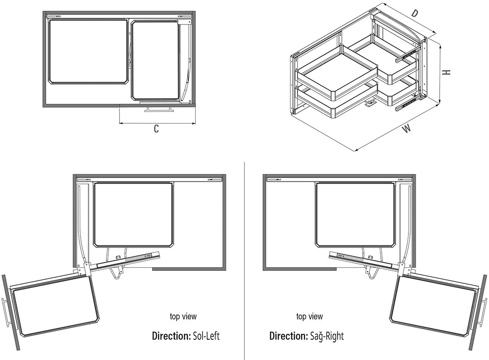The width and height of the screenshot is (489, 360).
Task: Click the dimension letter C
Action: click(x=157, y=129)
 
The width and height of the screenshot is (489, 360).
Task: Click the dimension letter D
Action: click(x=414, y=14)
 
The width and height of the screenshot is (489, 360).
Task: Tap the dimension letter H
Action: click(x=447, y=72)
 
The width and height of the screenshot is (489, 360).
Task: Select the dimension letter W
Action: click(x=406, y=129)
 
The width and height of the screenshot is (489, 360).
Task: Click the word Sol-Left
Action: click(x=206, y=336)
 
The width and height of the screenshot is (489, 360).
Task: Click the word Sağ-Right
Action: click(x=327, y=336)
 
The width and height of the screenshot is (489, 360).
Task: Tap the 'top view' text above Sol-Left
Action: click(x=183, y=317)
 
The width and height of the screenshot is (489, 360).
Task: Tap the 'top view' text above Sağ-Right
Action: click(x=309, y=317)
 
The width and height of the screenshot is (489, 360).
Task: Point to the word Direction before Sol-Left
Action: click(x=171, y=336)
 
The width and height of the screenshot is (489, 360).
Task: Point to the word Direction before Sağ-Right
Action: click(x=289, y=336)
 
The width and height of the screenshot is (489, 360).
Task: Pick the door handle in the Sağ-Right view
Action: click(x=484, y=312)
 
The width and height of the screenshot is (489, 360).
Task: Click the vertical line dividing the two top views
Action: click(x=244, y=261)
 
